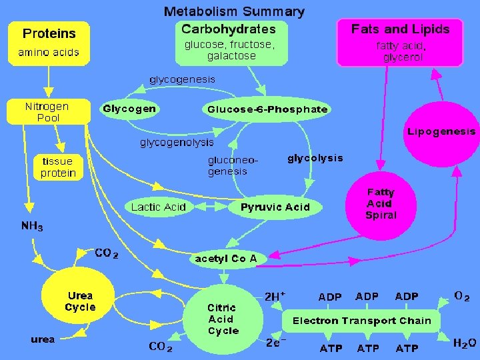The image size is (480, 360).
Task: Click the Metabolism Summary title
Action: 234,11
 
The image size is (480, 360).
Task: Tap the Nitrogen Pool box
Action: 47,112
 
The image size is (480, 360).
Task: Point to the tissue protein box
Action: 59,167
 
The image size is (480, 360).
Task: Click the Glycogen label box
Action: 129,109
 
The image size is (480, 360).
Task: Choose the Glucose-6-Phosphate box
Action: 267,109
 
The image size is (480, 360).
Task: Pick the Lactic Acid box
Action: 159,207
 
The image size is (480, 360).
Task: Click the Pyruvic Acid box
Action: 275,207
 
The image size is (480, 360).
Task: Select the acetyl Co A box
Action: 226,258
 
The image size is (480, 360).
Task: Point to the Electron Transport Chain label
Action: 362,321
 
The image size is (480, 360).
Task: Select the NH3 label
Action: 32,226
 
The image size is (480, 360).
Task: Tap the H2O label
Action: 465,343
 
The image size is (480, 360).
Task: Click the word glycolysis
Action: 315,158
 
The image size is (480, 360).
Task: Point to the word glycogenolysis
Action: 177,143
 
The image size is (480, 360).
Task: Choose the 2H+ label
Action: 275,295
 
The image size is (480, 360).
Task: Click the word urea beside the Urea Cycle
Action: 43,339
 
